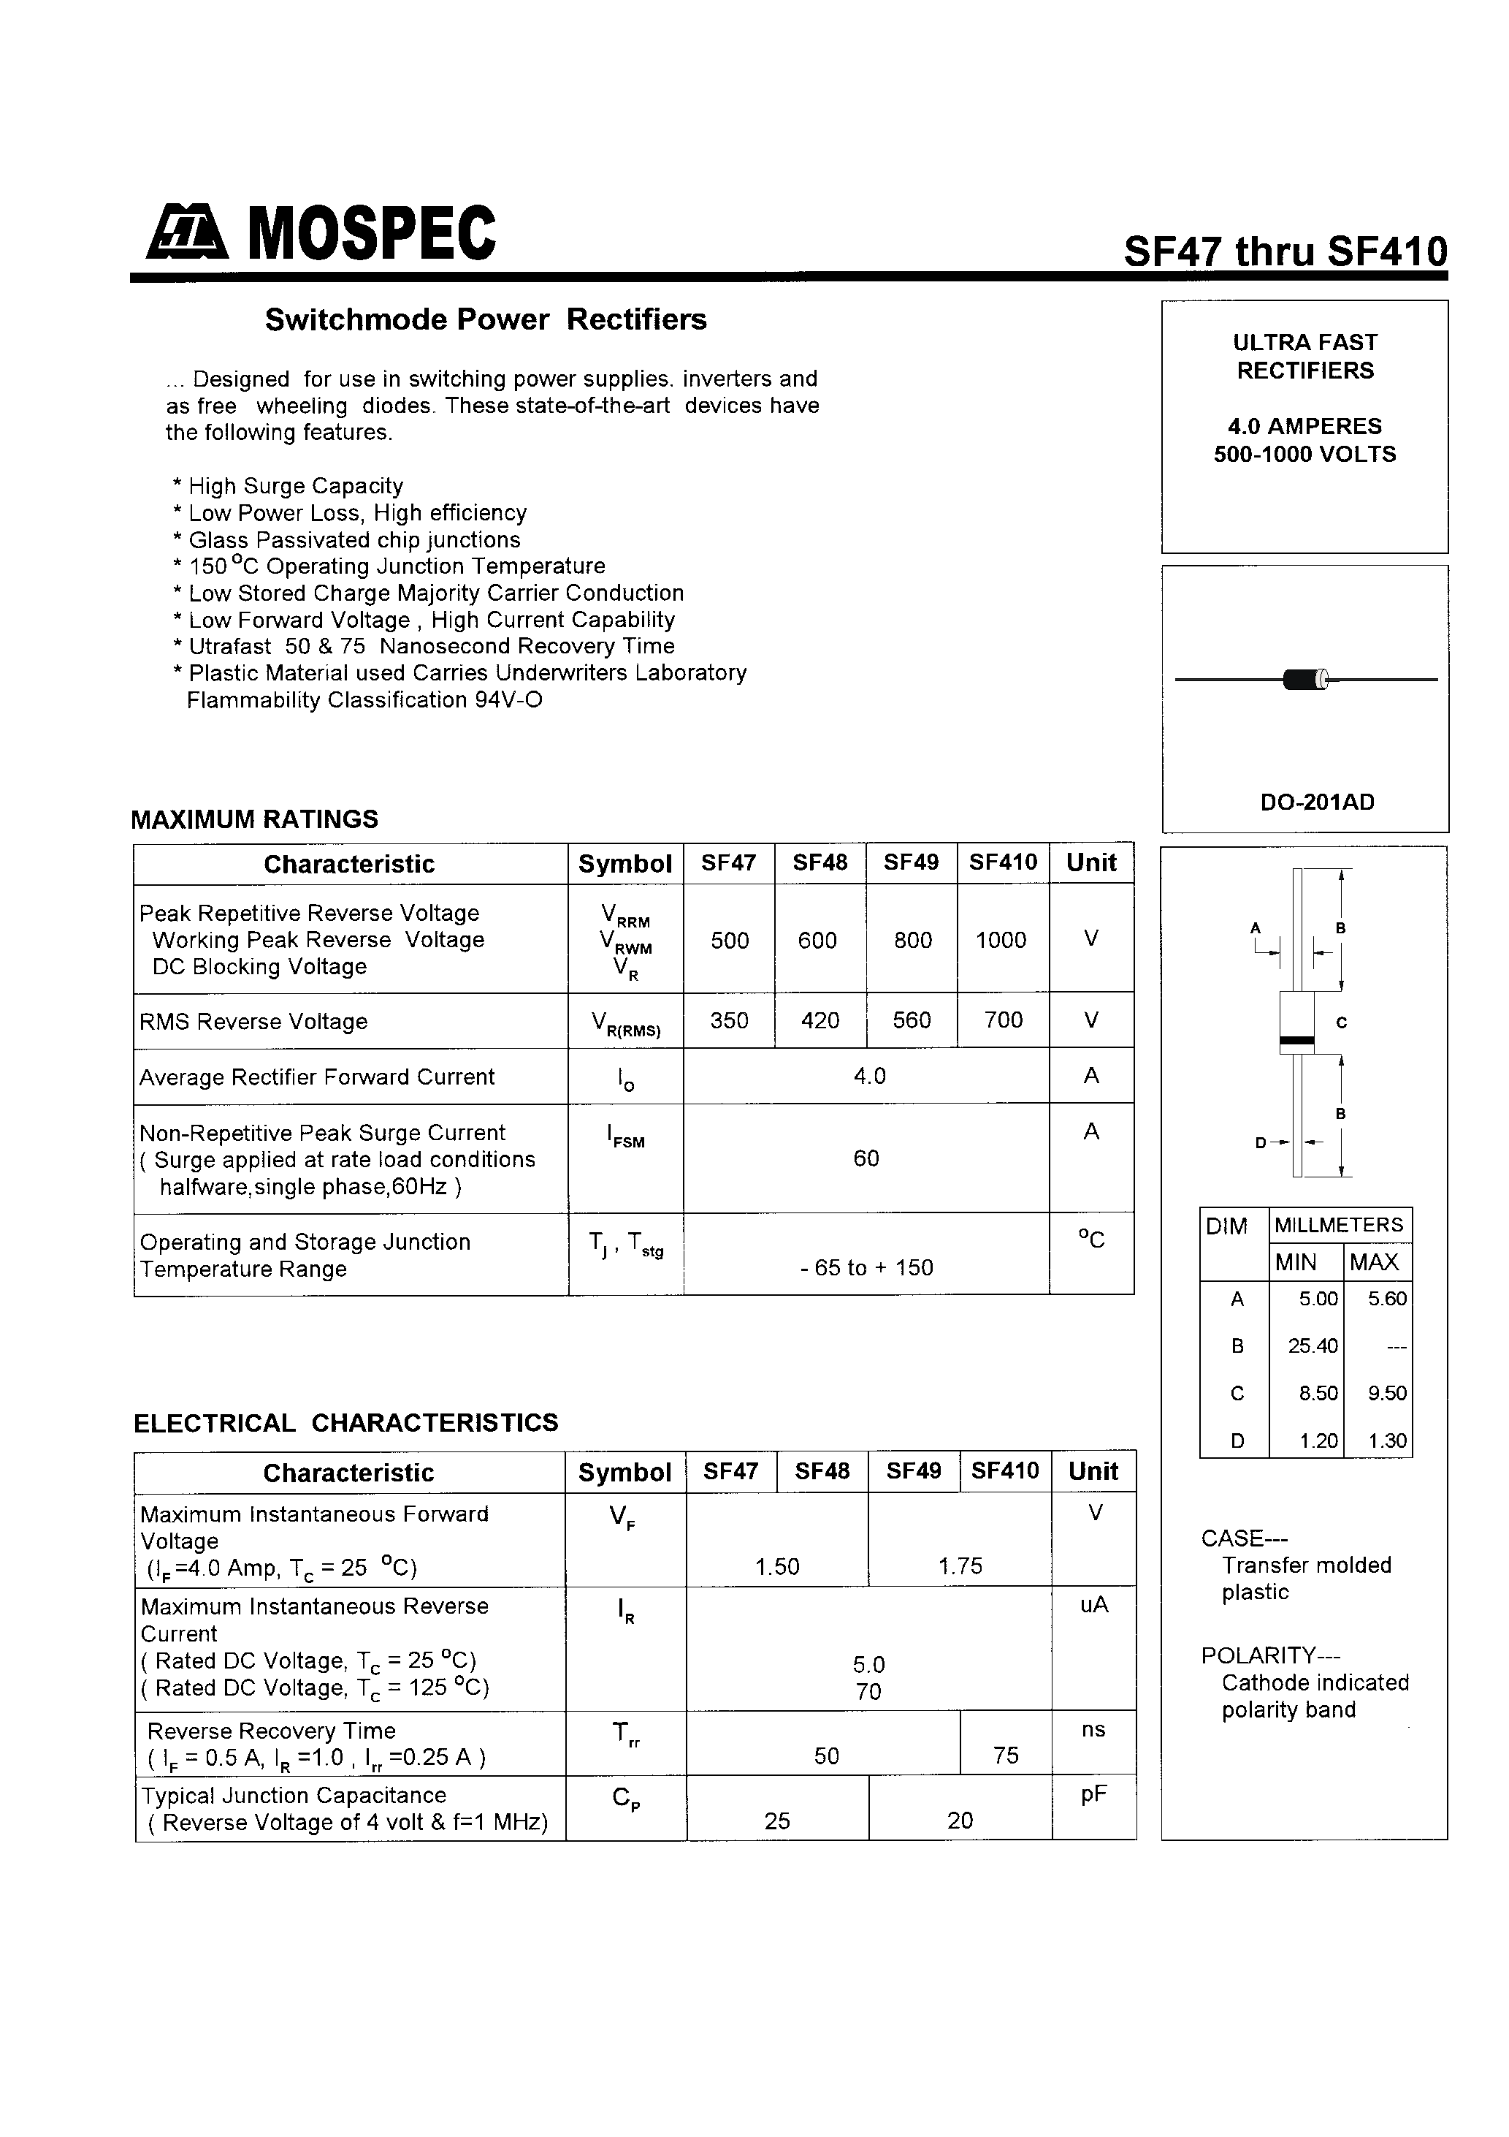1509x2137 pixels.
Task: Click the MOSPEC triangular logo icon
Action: (x=186, y=232)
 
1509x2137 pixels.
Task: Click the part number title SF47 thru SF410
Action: (x=1285, y=251)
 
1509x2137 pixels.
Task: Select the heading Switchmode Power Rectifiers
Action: (x=486, y=319)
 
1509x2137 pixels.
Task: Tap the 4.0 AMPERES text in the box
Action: (x=1304, y=426)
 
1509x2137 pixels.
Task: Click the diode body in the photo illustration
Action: (x=1304, y=680)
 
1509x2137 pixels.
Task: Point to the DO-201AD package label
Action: (x=1316, y=802)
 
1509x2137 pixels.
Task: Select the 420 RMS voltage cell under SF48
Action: (x=820, y=1021)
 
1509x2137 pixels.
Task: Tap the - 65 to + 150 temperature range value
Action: (x=866, y=1268)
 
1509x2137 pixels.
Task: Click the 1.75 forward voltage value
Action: (x=960, y=1566)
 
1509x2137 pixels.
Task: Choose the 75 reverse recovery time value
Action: (x=1005, y=1755)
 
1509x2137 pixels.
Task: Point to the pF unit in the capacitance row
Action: (x=1093, y=1794)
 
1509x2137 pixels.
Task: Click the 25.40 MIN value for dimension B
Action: (x=1312, y=1346)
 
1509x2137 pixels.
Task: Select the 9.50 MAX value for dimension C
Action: (x=1387, y=1393)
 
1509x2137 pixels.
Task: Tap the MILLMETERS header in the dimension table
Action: (x=1338, y=1225)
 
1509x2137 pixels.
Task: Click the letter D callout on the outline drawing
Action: (x=1261, y=1143)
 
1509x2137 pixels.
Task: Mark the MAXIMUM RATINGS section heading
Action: (x=254, y=819)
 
